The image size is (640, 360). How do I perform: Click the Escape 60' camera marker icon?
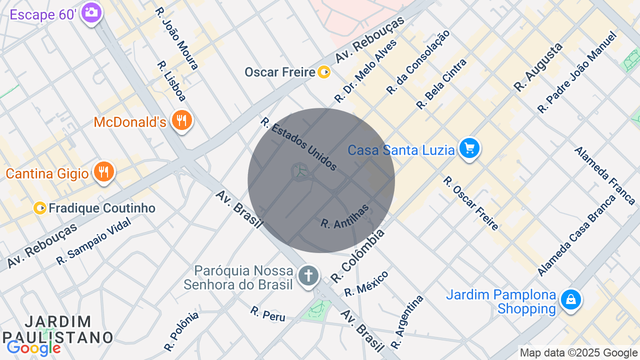91,12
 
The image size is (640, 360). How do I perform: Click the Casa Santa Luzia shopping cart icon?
469,148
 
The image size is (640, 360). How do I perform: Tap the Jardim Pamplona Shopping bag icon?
570,300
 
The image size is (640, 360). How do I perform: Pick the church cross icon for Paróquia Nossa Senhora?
308,275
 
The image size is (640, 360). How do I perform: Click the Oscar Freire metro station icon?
324,72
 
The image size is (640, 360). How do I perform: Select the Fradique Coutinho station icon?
40,208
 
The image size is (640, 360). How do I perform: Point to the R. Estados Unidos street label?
298,144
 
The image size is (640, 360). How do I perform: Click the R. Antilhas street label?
344,216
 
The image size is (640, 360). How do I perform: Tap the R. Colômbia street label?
358,255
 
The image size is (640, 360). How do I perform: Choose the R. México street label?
366,283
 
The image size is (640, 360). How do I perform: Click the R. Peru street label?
268,313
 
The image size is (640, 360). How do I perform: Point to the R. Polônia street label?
181,330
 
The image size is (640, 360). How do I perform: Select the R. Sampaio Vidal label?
93,241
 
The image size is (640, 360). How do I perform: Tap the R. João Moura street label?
176,38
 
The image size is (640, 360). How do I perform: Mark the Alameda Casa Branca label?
576,235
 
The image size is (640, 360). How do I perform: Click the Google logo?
33,348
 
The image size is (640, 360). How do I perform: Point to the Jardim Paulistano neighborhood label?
58,329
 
